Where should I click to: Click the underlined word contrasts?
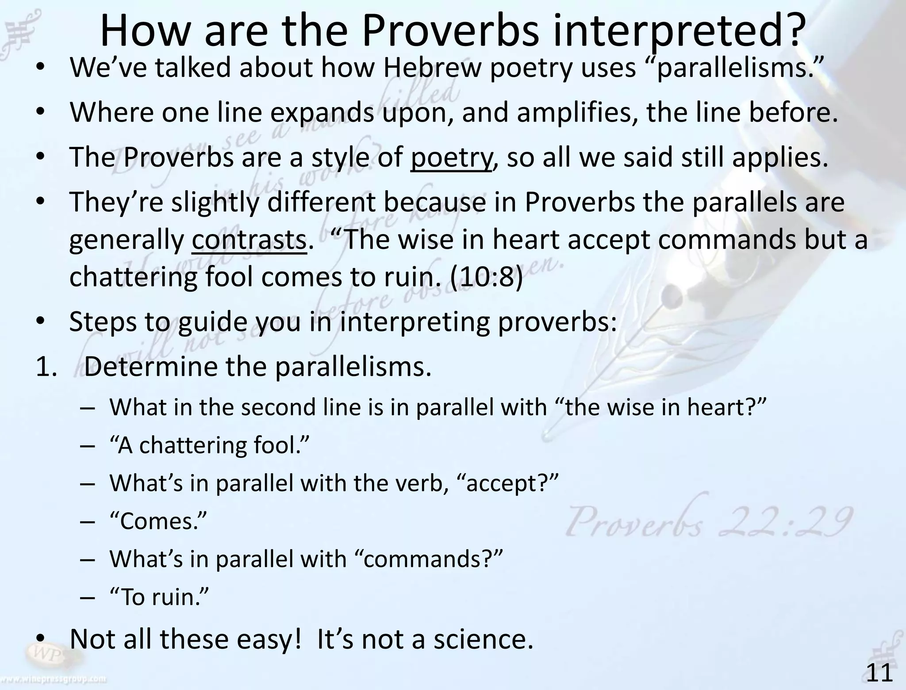[x=249, y=240]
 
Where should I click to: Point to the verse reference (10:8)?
[x=486, y=278]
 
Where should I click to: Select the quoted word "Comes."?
[x=158, y=521]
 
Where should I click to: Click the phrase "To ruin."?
[x=158, y=597]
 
